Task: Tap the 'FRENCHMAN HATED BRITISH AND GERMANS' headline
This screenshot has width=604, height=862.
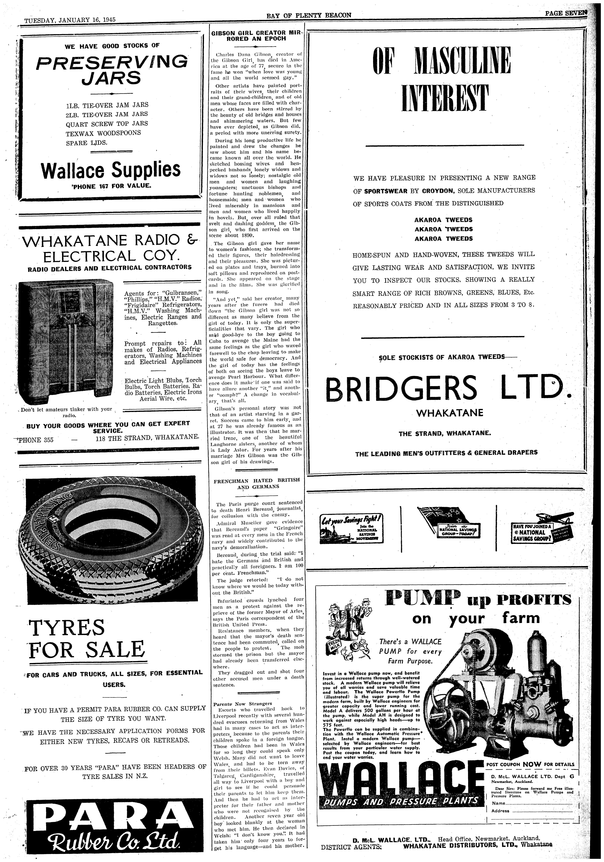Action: (x=257, y=483)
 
